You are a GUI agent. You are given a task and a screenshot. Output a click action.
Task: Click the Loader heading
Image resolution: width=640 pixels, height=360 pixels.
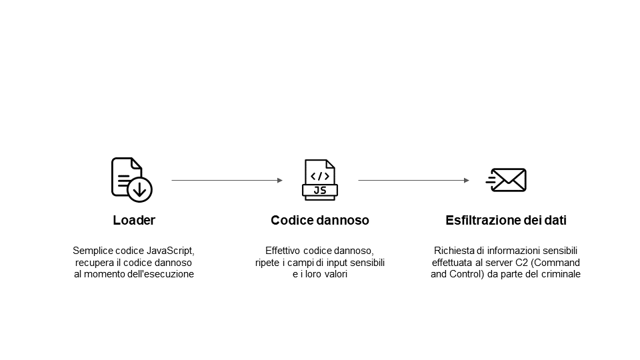tap(134, 220)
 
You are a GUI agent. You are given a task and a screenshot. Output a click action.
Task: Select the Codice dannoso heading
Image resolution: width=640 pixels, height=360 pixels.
tap(320, 220)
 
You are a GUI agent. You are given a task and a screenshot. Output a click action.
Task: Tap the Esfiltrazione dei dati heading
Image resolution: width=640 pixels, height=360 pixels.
tap(506, 220)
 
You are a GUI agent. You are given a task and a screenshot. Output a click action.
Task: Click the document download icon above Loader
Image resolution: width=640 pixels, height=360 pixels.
tap(131, 179)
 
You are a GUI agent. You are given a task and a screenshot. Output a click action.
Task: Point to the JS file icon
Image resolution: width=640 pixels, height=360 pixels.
tap(320, 179)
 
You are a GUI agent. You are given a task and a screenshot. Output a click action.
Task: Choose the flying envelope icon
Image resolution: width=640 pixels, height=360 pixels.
tap(506, 180)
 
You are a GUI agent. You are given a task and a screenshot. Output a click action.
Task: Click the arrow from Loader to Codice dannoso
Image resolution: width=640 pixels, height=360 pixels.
tap(227, 180)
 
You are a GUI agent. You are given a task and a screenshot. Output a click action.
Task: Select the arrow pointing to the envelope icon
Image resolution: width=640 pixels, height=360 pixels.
tap(413, 180)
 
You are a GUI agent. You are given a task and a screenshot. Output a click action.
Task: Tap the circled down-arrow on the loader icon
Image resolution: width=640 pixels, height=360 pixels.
tap(139, 189)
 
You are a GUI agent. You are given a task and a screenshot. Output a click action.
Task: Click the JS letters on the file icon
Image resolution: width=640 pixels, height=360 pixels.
tap(320, 190)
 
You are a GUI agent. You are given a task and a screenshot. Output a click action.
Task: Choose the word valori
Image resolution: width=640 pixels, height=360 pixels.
tap(335, 274)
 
